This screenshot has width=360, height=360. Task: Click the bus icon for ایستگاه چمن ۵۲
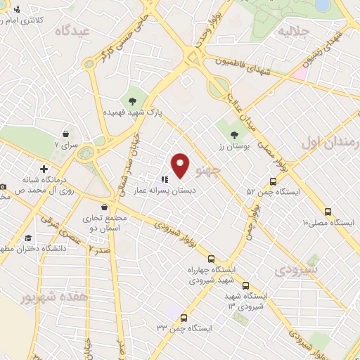(x=273, y=181)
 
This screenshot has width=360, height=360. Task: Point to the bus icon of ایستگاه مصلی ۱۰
(x=328, y=212)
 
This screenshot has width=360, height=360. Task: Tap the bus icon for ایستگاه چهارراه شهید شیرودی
(x=212, y=259)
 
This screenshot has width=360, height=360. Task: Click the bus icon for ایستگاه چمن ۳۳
(x=184, y=318)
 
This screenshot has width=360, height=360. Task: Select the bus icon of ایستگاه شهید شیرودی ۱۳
(x=245, y=285)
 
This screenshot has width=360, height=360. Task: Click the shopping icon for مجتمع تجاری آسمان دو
(x=105, y=207)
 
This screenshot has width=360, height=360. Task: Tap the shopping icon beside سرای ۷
(x=65, y=134)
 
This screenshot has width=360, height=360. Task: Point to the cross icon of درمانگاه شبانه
(x=44, y=169)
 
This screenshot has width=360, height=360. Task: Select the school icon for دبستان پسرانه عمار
(x=165, y=179)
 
